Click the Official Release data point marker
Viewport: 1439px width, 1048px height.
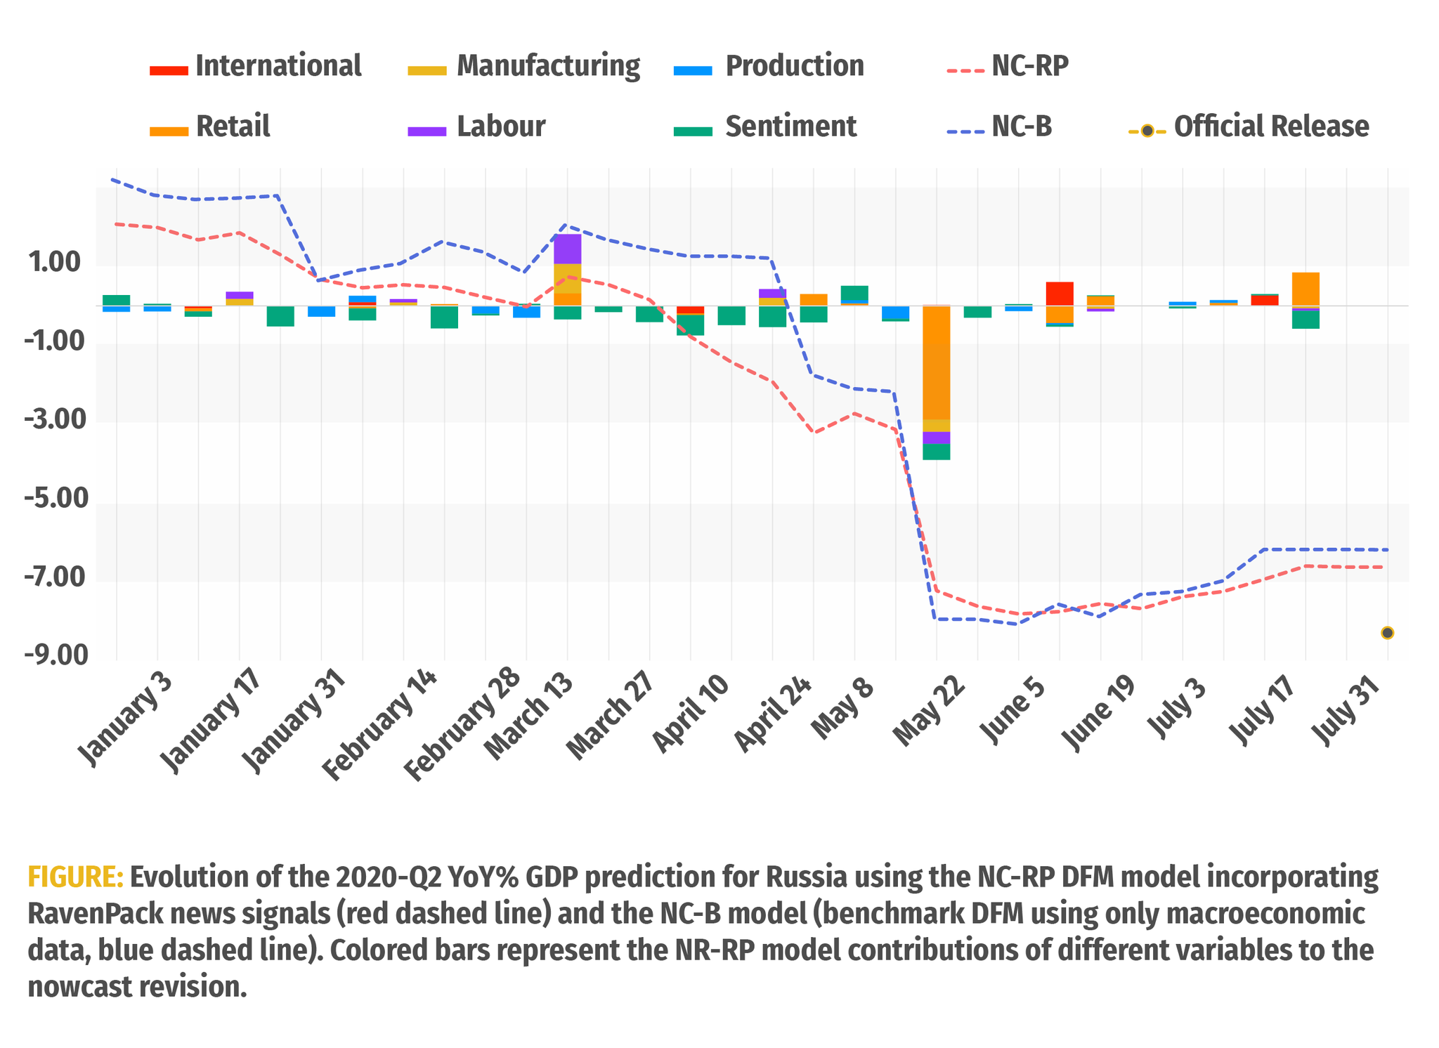pyautogui.click(x=1387, y=633)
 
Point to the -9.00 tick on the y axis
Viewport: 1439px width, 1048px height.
pyautogui.click(x=56, y=655)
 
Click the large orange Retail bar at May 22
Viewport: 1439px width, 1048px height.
pyautogui.click(x=936, y=362)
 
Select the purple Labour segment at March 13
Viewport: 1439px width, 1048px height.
pyautogui.click(x=567, y=249)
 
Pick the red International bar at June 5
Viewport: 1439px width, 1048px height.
pyautogui.click(x=1059, y=294)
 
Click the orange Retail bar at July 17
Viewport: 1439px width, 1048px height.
pyautogui.click(x=1305, y=289)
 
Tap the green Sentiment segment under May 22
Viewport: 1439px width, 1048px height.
pyautogui.click(x=936, y=452)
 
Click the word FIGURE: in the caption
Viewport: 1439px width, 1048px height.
pyautogui.click(x=75, y=878)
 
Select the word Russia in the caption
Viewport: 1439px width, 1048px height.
pyautogui.click(x=809, y=878)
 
